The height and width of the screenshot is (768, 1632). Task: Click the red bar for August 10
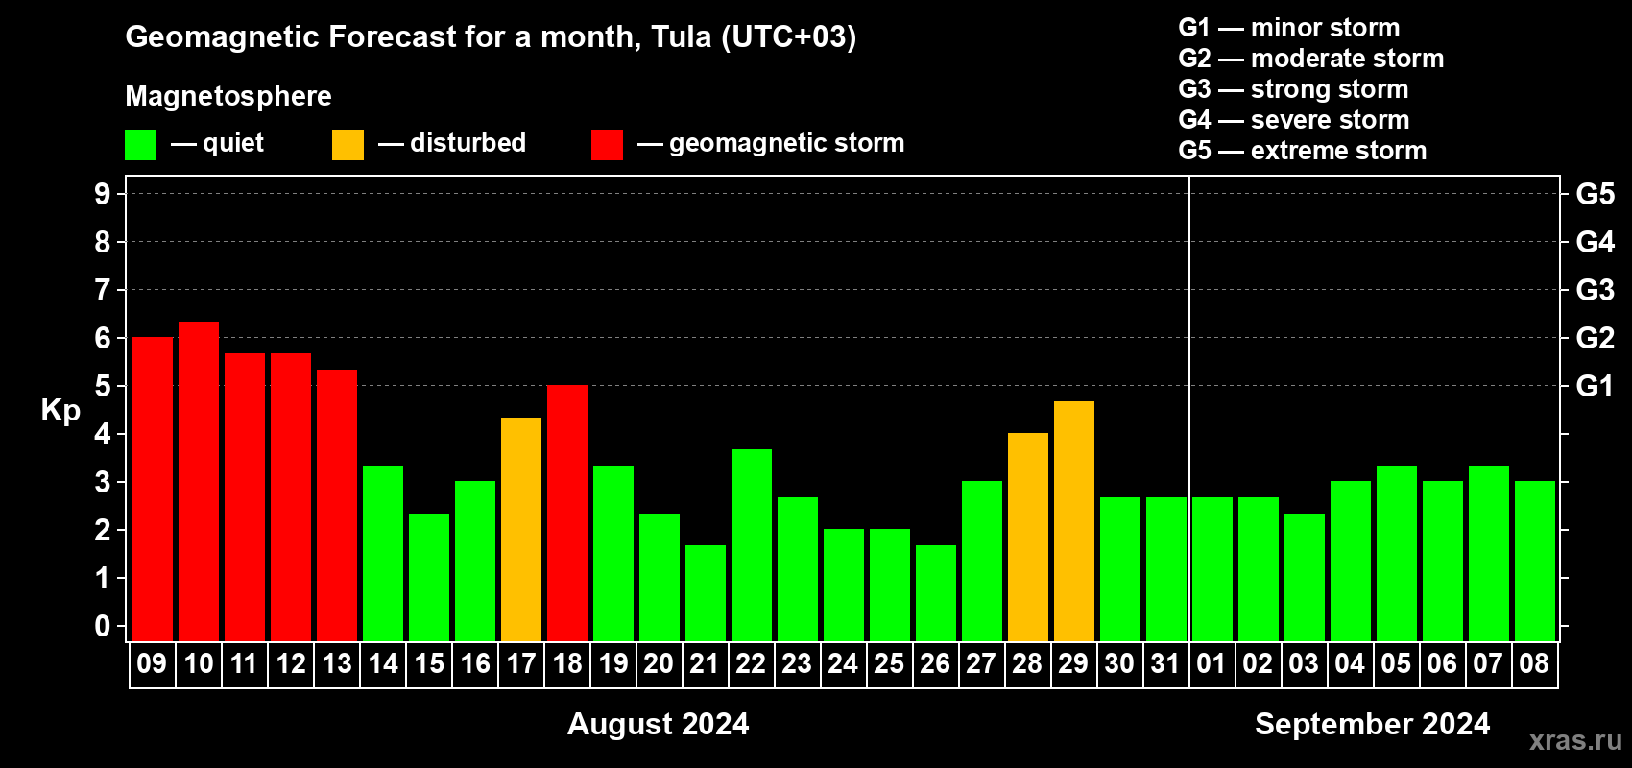(x=198, y=482)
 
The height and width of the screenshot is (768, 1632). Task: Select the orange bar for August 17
(x=521, y=530)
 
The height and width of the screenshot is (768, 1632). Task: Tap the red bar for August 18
(x=566, y=514)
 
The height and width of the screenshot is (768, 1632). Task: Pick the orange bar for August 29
(x=1074, y=521)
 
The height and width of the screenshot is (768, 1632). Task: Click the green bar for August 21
(x=706, y=594)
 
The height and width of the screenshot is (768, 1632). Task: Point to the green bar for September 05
(x=1397, y=554)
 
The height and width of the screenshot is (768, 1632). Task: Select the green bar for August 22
(x=751, y=546)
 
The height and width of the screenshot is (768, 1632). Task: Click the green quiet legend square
(x=140, y=144)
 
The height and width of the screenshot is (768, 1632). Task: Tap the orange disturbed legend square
(x=348, y=144)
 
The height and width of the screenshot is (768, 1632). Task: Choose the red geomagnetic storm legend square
(x=607, y=144)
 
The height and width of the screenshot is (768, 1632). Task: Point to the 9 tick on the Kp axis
(x=102, y=194)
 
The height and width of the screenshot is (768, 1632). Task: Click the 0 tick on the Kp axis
(x=102, y=626)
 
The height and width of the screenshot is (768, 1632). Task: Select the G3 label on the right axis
(x=1595, y=290)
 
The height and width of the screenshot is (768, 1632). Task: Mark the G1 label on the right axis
(x=1595, y=386)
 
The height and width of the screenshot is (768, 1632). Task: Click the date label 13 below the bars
(x=337, y=663)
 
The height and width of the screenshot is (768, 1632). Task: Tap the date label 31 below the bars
(x=1165, y=663)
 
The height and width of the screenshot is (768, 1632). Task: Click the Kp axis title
(x=60, y=411)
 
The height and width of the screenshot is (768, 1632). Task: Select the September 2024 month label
(x=1372, y=724)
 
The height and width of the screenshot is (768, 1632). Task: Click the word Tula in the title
(x=681, y=36)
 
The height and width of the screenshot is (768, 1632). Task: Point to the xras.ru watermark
(x=1576, y=740)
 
